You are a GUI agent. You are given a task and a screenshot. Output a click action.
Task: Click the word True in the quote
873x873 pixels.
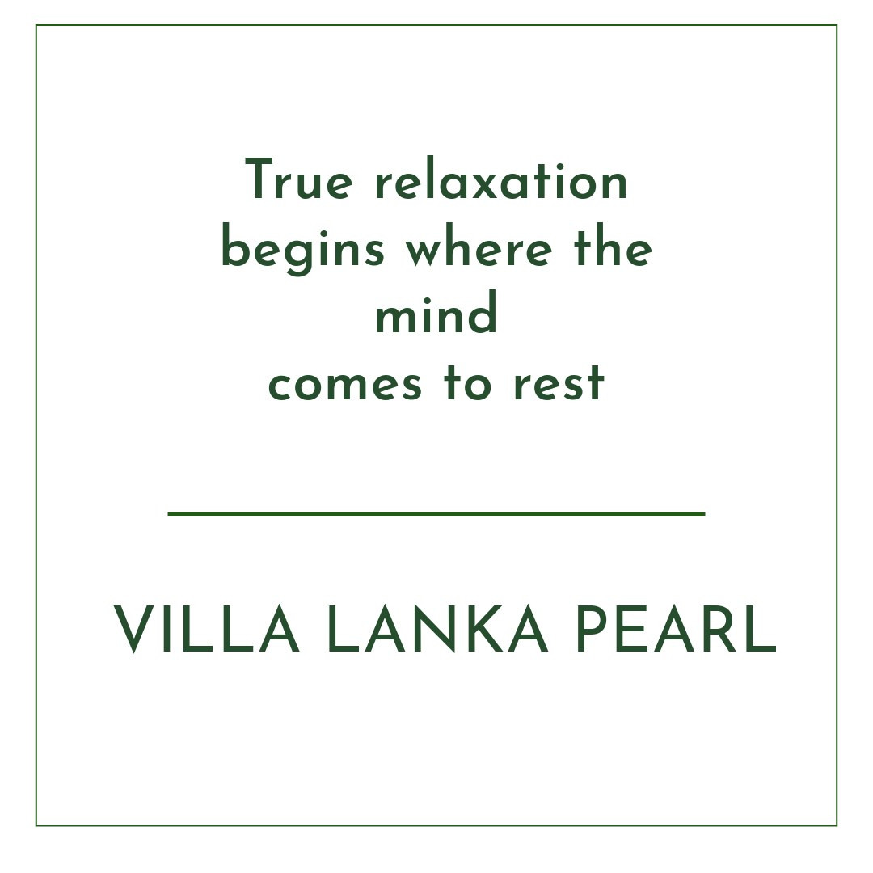coord(299,179)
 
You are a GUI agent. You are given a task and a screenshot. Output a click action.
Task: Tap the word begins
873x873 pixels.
coord(303,251)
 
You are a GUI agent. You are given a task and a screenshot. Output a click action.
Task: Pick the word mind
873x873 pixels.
coord(436,312)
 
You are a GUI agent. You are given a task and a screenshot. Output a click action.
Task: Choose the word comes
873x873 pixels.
coord(345,384)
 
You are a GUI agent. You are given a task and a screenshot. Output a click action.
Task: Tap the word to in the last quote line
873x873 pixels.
coord(468,382)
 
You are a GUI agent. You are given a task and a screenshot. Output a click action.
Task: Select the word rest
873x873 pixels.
coord(559,382)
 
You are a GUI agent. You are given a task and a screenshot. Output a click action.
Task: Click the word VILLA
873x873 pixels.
coord(207,629)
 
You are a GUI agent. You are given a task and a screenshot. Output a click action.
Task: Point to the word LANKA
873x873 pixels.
coord(437,629)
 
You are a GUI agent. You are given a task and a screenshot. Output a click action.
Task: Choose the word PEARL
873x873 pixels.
coord(676,629)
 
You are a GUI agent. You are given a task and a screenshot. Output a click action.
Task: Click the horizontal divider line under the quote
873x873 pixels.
coord(436,514)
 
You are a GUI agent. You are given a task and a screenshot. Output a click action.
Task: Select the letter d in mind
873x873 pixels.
coord(480,312)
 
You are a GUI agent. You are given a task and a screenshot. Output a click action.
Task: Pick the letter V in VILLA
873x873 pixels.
coord(133,629)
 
